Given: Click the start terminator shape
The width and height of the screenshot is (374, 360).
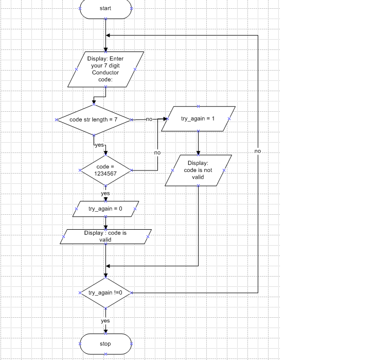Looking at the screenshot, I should click(x=105, y=8).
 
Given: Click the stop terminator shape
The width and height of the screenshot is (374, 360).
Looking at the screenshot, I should click(x=105, y=344).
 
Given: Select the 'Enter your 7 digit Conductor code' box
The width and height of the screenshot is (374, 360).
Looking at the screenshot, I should click(x=105, y=69).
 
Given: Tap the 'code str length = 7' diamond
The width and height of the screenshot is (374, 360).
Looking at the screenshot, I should click(x=94, y=119).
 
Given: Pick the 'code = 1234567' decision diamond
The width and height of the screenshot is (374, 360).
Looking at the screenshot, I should click(x=105, y=170).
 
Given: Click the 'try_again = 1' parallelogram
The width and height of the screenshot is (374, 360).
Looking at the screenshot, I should click(x=198, y=119).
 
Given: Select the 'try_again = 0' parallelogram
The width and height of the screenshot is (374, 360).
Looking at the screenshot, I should click(x=105, y=209).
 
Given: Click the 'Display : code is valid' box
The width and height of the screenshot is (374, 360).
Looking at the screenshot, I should click(x=105, y=236).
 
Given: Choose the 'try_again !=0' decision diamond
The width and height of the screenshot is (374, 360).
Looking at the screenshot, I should click(x=105, y=293).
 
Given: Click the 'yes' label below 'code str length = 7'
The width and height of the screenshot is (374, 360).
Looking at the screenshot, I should click(x=100, y=146).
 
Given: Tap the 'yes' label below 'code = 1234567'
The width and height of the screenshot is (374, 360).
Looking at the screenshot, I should click(x=105, y=194).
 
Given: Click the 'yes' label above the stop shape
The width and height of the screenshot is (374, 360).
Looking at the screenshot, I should click(x=105, y=321).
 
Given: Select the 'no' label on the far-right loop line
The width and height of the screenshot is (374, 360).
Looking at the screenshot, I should click(x=258, y=151).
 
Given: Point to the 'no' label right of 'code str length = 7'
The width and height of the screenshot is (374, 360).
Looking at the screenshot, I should click(x=149, y=119).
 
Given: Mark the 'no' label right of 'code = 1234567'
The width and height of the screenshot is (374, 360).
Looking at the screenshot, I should click(x=157, y=152).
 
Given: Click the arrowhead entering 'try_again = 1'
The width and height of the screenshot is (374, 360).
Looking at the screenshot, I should click(x=165, y=119).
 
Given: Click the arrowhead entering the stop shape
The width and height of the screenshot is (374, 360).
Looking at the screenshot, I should click(x=105, y=331).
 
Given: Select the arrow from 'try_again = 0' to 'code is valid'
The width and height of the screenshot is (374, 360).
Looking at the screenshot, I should click(x=105, y=223).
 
